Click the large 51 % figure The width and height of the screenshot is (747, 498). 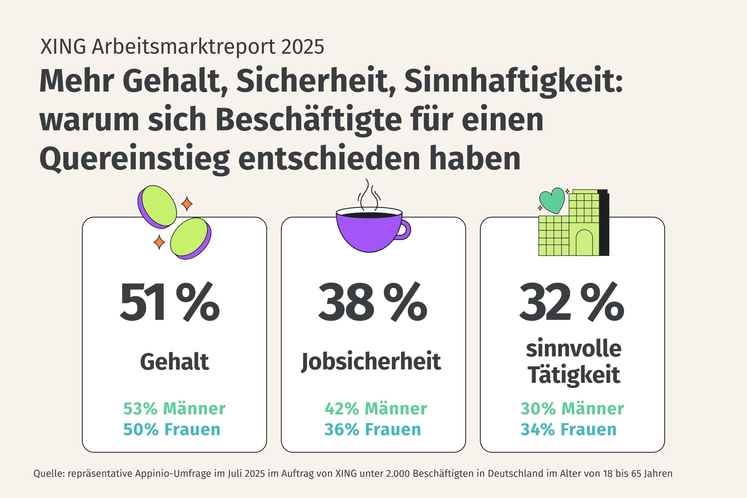[x=170, y=302]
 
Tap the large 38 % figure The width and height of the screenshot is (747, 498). [x=373, y=302]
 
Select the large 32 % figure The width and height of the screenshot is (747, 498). [x=572, y=302]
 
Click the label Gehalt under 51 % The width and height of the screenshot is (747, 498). [x=174, y=362]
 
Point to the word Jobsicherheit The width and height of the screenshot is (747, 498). [x=371, y=362]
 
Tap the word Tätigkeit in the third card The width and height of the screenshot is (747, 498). [x=574, y=375]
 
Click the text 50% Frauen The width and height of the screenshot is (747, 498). [x=172, y=430]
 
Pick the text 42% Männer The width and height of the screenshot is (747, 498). [x=376, y=409]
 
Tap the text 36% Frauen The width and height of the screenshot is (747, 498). [x=373, y=430]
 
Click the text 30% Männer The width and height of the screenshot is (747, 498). [x=572, y=409]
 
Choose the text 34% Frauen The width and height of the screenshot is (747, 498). [x=568, y=430]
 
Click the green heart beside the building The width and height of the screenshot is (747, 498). [x=552, y=200]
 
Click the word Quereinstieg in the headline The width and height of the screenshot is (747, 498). [x=134, y=158]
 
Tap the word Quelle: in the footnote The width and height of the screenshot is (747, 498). [x=49, y=473]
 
